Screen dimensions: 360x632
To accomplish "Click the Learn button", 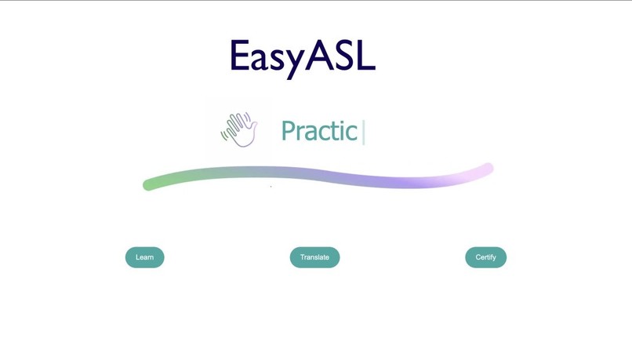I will [144, 257].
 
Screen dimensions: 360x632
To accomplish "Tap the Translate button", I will [314, 257].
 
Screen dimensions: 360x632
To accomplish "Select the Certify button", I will [485, 257].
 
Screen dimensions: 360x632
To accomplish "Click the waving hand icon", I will [241, 129].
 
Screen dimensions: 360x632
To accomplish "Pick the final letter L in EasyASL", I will [366, 56].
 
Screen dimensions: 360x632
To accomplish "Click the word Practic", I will [319, 132].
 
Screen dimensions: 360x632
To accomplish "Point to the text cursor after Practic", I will [364, 132].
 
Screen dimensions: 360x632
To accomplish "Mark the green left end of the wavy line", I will [148, 185].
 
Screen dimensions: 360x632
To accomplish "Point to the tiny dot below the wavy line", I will [271, 187].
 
